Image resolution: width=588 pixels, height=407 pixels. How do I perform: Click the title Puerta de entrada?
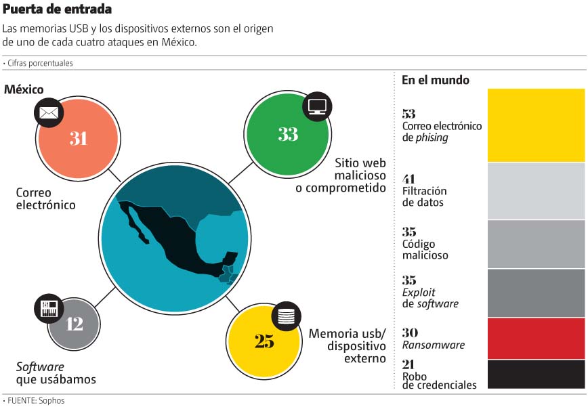coord(58,9)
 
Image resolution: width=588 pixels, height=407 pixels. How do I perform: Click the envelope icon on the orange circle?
coord(48,112)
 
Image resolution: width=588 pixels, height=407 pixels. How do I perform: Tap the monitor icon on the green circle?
coord(316,106)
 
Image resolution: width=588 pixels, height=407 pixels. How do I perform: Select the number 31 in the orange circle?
coord(79,138)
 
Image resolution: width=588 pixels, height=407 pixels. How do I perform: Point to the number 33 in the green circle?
coord(288,134)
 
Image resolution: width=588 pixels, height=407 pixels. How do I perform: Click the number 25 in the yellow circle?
coord(264,341)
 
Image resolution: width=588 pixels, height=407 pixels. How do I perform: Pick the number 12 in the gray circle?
coord(75,324)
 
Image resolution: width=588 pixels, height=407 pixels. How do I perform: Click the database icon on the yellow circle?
coord(286,315)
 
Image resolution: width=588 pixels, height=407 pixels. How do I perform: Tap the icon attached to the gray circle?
coord(49,308)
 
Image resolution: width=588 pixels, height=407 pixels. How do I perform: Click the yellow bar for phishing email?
coord(536,125)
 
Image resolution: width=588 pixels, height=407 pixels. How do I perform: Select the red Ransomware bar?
coord(536,339)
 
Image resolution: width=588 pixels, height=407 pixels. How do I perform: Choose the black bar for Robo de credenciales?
coord(536,374)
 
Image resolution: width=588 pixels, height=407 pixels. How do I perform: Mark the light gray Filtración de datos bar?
coord(536,191)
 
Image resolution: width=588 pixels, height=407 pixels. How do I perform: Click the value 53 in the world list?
coord(408,114)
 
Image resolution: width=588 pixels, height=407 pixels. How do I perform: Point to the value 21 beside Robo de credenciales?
coord(408,364)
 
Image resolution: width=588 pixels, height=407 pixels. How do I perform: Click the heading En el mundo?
coord(435,80)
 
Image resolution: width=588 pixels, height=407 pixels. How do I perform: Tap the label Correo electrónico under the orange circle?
coord(45,198)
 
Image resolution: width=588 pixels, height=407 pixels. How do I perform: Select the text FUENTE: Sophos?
coord(35,400)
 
